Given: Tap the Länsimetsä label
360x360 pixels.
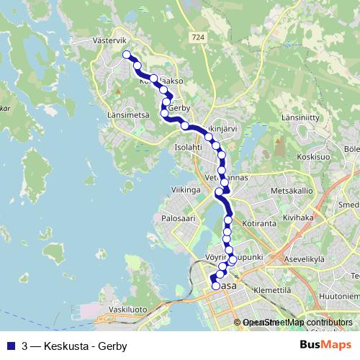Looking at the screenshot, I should point(127,114).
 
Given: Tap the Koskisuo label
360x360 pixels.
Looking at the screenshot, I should point(312,155).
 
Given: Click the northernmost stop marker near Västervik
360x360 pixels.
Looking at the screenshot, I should point(127,55).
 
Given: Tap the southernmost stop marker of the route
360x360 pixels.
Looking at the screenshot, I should point(215,286).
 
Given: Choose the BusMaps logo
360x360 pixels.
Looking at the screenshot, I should point(325,345).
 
